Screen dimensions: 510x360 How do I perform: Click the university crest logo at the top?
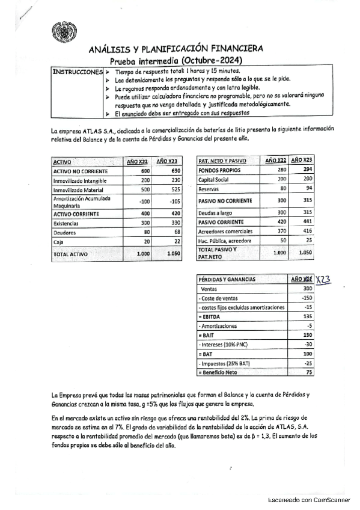pos(61,30)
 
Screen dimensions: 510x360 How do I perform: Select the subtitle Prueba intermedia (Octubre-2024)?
pos(176,60)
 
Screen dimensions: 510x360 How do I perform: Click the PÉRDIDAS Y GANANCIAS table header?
pos(227,279)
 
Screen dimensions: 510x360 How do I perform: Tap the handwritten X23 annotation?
pos(326,278)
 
